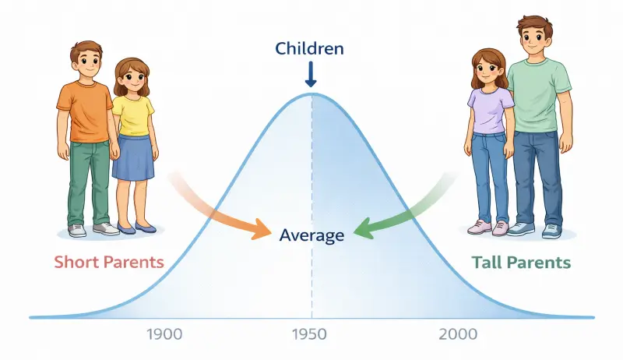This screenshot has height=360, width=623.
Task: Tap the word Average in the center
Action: tap(311, 234)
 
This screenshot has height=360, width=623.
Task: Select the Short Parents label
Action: tap(109, 261)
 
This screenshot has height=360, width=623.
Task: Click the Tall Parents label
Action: tap(521, 262)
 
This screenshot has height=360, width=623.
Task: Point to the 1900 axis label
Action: tap(164, 335)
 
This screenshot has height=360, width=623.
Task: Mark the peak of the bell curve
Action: tap(311, 94)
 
